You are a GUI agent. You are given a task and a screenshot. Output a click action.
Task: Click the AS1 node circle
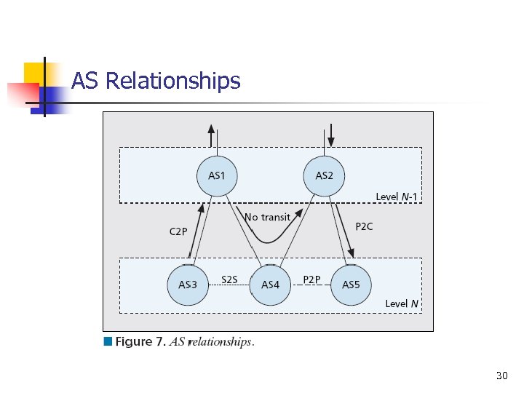pyautogui.click(x=217, y=175)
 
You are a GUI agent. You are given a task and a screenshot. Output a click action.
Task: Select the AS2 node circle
pyautogui.click(x=324, y=175)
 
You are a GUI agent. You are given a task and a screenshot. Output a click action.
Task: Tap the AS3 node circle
pyautogui.click(x=188, y=284)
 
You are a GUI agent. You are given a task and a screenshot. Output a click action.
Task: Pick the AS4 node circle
pyautogui.click(x=270, y=284)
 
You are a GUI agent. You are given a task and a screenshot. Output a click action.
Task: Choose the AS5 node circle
pyautogui.click(x=351, y=284)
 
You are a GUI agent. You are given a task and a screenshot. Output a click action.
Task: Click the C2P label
pyautogui.click(x=178, y=231)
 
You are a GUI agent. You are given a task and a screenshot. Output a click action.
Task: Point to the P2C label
pyautogui.click(x=364, y=226)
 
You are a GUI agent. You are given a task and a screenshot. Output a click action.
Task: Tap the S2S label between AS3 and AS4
pyautogui.click(x=229, y=279)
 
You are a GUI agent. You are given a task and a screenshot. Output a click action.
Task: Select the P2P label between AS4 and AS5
pyautogui.click(x=311, y=279)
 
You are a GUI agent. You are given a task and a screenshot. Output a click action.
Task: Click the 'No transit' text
pyautogui.click(x=267, y=217)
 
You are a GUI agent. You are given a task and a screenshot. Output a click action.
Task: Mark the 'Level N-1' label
pyautogui.click(x=397, y=196)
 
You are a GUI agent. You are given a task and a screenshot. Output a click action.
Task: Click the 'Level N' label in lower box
pyautogui.click(x=402, y=303)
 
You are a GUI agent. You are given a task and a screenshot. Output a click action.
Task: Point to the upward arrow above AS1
pyautogui.click(x=212, y=136)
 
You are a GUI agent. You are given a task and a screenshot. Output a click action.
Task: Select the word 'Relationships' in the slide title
pyautogui.click(x=172, y=81)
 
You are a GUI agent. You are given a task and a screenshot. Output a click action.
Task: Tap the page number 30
pyautogui.click(x=501, y=376)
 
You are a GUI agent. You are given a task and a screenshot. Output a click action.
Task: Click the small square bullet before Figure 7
pyautogui.click(x=108, y=341)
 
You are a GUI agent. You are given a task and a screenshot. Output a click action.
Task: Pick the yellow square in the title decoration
pyautogui.click(x=36, y=73)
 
